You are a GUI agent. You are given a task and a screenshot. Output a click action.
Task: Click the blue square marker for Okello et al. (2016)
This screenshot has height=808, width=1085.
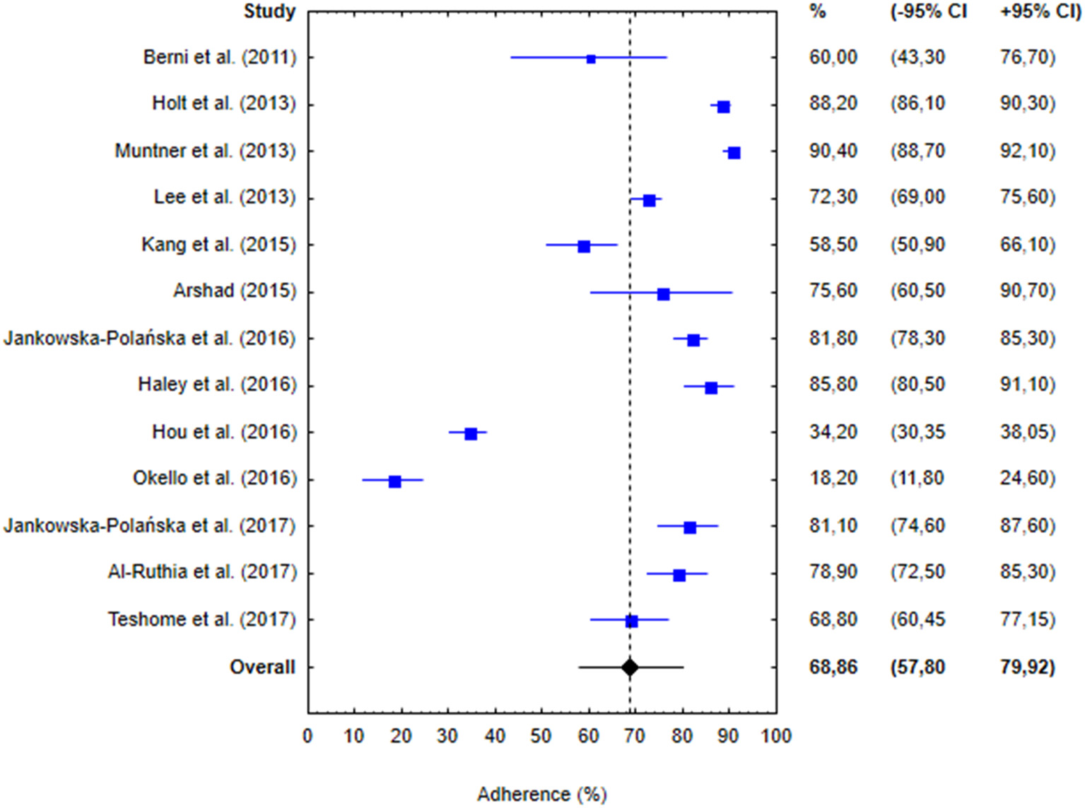pos(394,481)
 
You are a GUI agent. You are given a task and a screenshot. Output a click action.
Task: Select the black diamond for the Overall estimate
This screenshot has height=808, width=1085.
pos(630,667)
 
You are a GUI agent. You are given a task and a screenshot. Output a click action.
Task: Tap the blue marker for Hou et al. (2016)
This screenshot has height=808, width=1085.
pos(471,434)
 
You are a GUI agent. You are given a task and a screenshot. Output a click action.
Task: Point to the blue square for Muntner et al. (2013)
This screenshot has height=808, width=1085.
pos(734,153)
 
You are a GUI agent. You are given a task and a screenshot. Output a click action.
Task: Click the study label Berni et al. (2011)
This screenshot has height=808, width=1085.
pos(219,57)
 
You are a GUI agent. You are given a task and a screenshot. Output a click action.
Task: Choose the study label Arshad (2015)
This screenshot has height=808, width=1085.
pos(234,291)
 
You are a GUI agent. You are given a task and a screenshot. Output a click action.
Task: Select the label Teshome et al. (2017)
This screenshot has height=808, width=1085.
pos(201,619)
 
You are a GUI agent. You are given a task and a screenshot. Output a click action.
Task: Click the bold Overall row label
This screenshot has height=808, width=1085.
pos(262,667)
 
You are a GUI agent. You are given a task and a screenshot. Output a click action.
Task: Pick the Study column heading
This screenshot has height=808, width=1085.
pos(269,11)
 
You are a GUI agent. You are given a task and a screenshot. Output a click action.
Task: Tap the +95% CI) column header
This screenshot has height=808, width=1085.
pos(1040,11)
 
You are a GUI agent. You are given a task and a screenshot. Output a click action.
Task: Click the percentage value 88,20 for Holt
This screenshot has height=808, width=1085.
pos(833,104)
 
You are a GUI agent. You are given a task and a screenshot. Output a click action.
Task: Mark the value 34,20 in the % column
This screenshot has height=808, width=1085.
pos(833,431)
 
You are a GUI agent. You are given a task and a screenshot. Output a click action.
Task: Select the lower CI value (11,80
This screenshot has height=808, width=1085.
pos(917,478)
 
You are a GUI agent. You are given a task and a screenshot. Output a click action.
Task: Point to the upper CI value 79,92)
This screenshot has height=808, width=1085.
pos(1027,667)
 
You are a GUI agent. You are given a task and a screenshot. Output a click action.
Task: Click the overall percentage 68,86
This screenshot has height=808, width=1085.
pos(833,667)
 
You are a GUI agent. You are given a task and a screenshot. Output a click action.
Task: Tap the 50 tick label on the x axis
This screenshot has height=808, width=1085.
pos(541,736)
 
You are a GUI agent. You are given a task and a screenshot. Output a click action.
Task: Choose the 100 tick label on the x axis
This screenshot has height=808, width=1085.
pos(776,736)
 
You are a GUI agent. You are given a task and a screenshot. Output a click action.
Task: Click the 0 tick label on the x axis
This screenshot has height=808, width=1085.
pos(307,736)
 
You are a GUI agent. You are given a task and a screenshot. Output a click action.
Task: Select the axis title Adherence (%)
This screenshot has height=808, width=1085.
pos(541,794)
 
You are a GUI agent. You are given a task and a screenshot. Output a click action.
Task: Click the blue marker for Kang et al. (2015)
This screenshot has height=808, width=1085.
pos(584,247)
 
